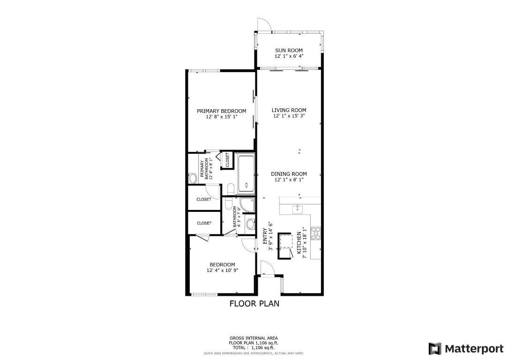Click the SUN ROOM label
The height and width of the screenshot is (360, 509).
click(x=288, y=50)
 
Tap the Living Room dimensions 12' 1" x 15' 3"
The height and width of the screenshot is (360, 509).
click(x=289, y=116)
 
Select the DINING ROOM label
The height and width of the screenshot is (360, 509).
click(x=289, y=174)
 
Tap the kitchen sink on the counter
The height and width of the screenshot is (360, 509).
click(x=297, y=210)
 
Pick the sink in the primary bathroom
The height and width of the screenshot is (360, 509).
click(x=192, y=179)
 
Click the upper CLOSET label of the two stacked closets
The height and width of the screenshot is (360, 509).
click(x=204, y=199)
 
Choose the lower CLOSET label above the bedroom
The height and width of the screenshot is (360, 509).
click(x=204, y=223)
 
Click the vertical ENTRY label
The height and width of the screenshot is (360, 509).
click(x=265, y=236)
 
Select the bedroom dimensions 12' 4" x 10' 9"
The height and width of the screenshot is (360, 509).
click(x=223, y=270)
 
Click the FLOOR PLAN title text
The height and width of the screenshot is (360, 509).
click(x=254, y=303)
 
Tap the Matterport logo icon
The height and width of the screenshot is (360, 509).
click(x=435, y=348)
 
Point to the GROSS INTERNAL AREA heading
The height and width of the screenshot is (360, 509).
click(x=254, y=338)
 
